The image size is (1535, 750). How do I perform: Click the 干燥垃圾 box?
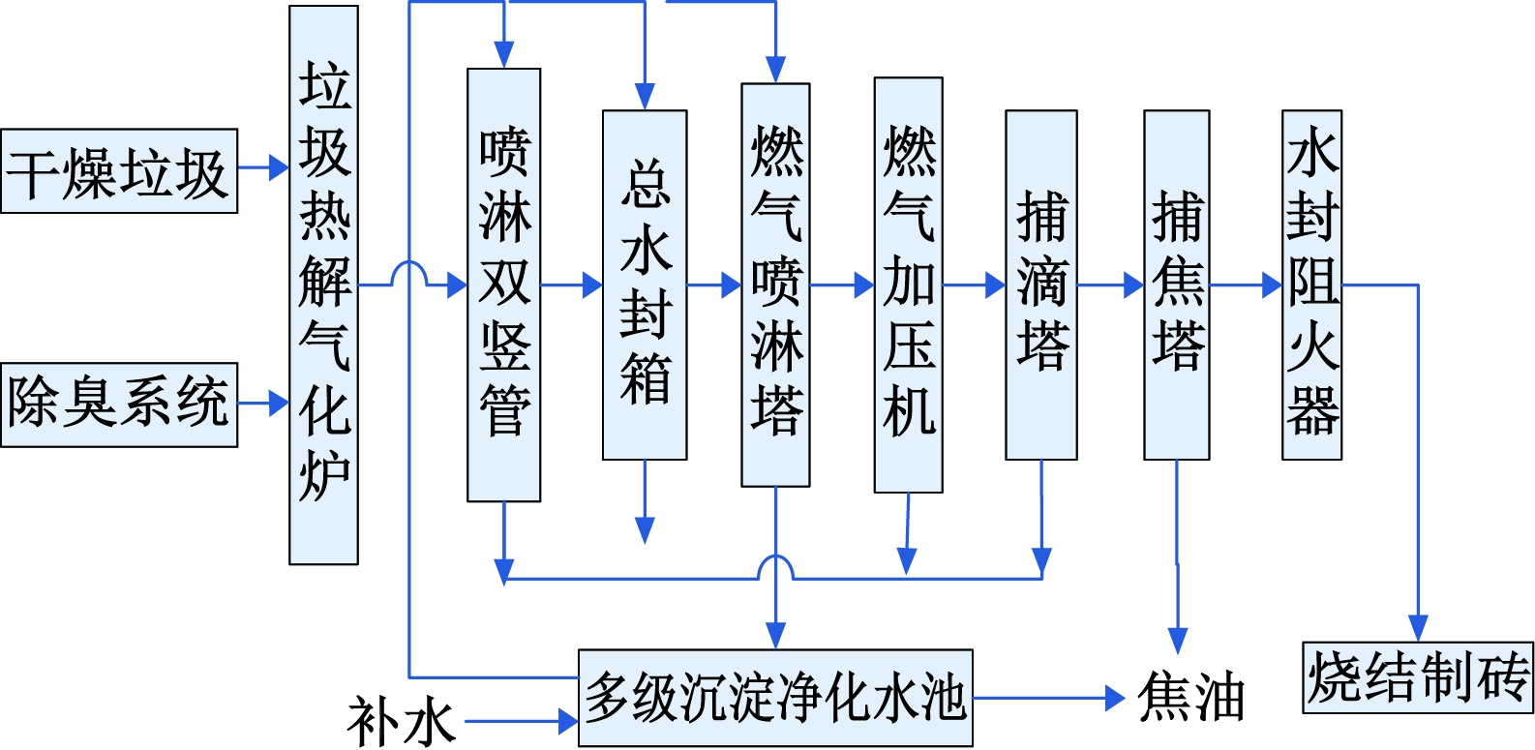119,171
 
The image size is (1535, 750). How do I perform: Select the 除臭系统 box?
119,405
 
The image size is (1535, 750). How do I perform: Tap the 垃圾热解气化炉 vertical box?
323,285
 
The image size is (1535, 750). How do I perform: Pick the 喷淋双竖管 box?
503,285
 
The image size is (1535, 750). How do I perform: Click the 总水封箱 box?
645,285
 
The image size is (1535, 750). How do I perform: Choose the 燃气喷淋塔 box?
775,285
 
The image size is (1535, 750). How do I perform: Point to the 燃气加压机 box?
908,285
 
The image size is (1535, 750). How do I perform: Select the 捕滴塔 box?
1041,285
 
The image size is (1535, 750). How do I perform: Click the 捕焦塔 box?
1176,285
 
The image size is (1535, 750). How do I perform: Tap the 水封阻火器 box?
1311,285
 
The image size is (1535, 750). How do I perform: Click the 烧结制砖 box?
1418,677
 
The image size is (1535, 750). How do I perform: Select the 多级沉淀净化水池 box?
775,698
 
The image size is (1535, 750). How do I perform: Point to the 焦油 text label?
1190,698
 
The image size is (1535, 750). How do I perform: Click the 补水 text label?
402,722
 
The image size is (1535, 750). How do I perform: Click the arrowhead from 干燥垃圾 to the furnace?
279,168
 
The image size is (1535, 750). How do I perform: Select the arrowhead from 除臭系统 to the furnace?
279,403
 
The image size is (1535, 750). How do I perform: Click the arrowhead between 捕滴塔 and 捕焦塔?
1133,285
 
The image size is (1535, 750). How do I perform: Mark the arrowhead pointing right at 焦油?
1115,698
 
